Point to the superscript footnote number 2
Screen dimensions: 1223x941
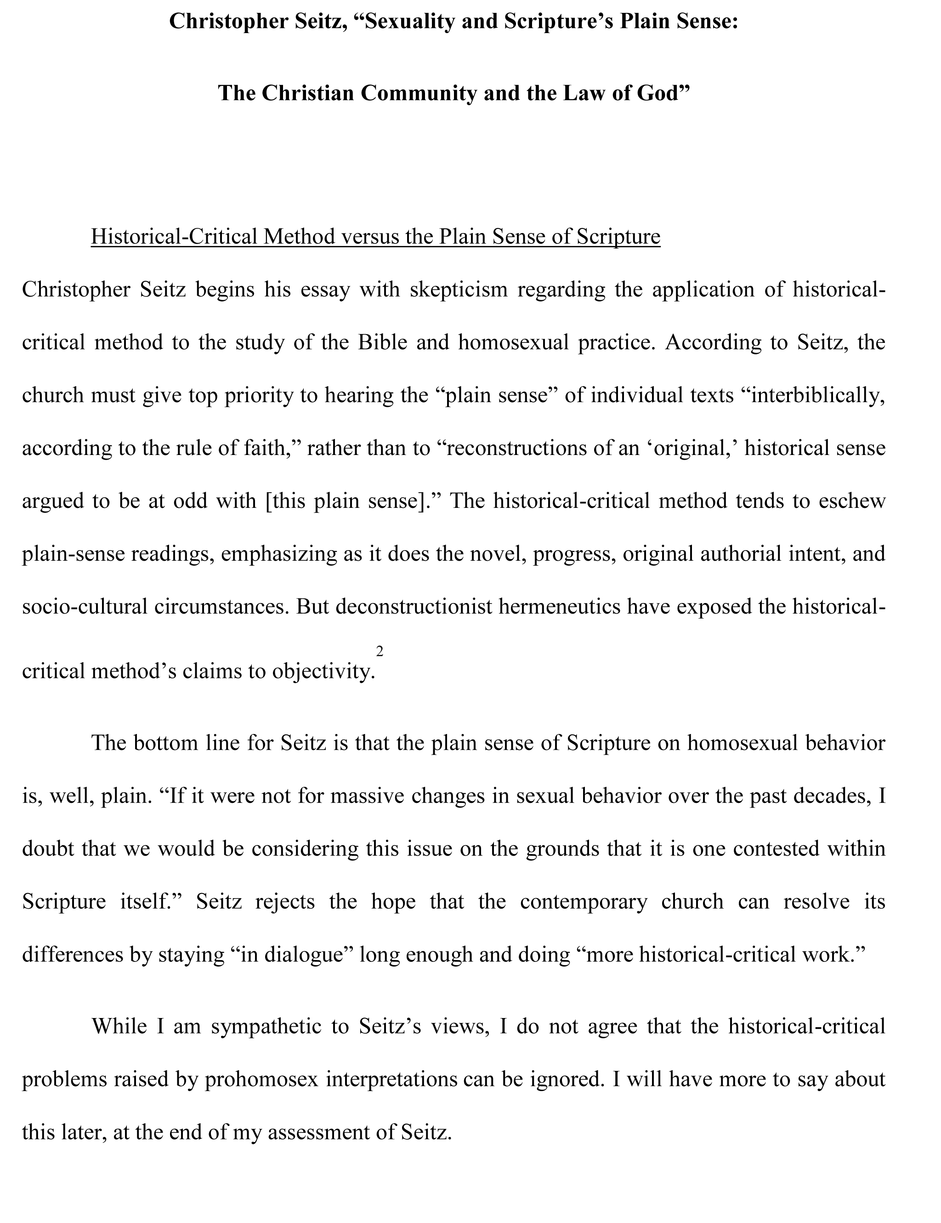pos(380,651)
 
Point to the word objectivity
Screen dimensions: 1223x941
pos(323,671)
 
